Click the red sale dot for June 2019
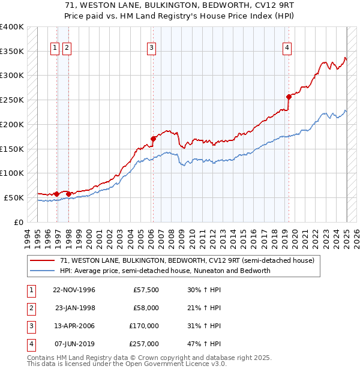[289, 96]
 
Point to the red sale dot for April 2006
[153, 139]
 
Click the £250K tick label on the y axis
[12, 100]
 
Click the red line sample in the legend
[42, 261]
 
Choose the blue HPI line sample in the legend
[42, 271]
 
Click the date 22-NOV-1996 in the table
[74, 290]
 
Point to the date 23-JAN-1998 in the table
[75, 308]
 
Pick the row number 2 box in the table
[31, 308]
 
